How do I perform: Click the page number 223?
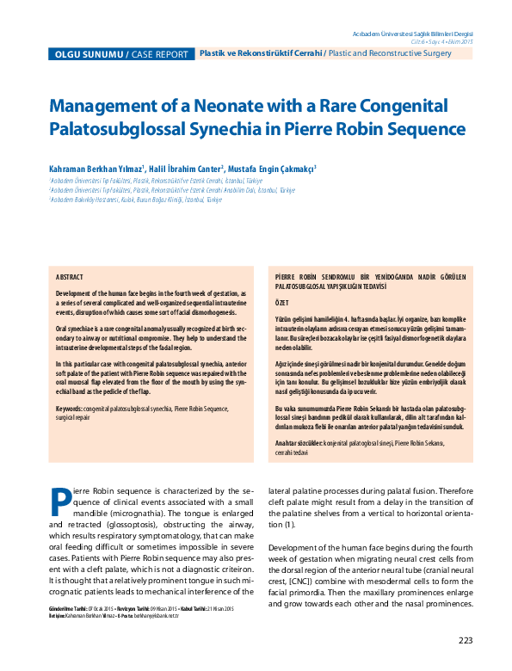coord(465,640)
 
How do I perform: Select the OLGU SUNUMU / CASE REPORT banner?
coord(120,54)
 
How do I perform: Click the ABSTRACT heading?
coord(70,279)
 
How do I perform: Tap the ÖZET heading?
coord(281,304)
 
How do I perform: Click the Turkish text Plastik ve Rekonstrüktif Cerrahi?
coord(260,53)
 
